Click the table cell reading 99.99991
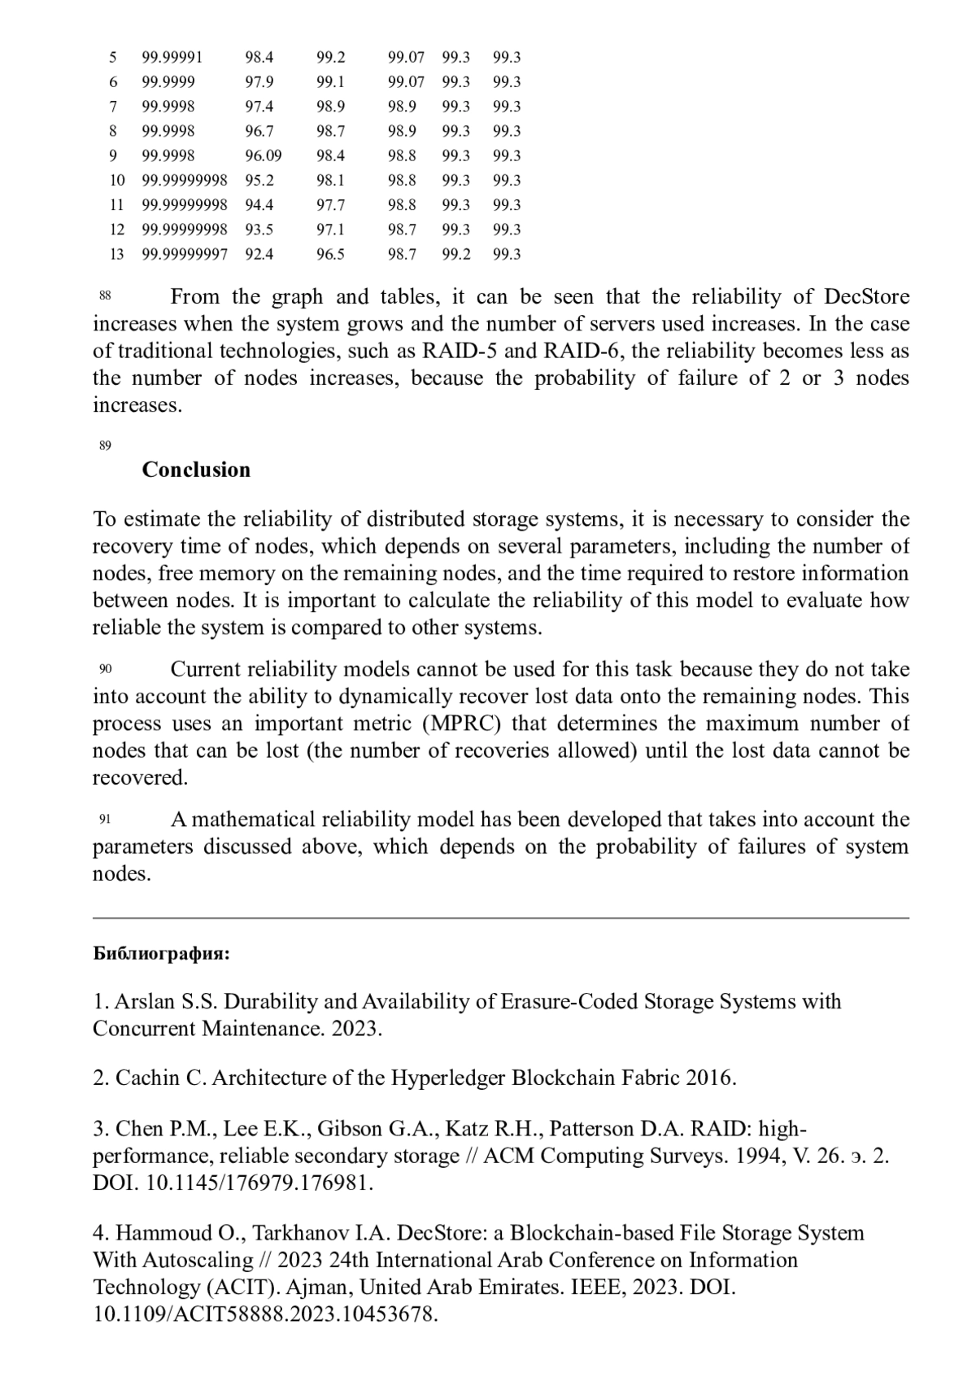172,57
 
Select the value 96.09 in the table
263,155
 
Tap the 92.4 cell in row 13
259,254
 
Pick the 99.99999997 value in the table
185,254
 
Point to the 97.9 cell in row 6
259,81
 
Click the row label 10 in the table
117,180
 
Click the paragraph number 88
105,295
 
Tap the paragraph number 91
105,819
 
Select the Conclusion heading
196,470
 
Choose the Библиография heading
161,954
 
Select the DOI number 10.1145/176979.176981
259,1183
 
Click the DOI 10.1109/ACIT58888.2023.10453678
265,1314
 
